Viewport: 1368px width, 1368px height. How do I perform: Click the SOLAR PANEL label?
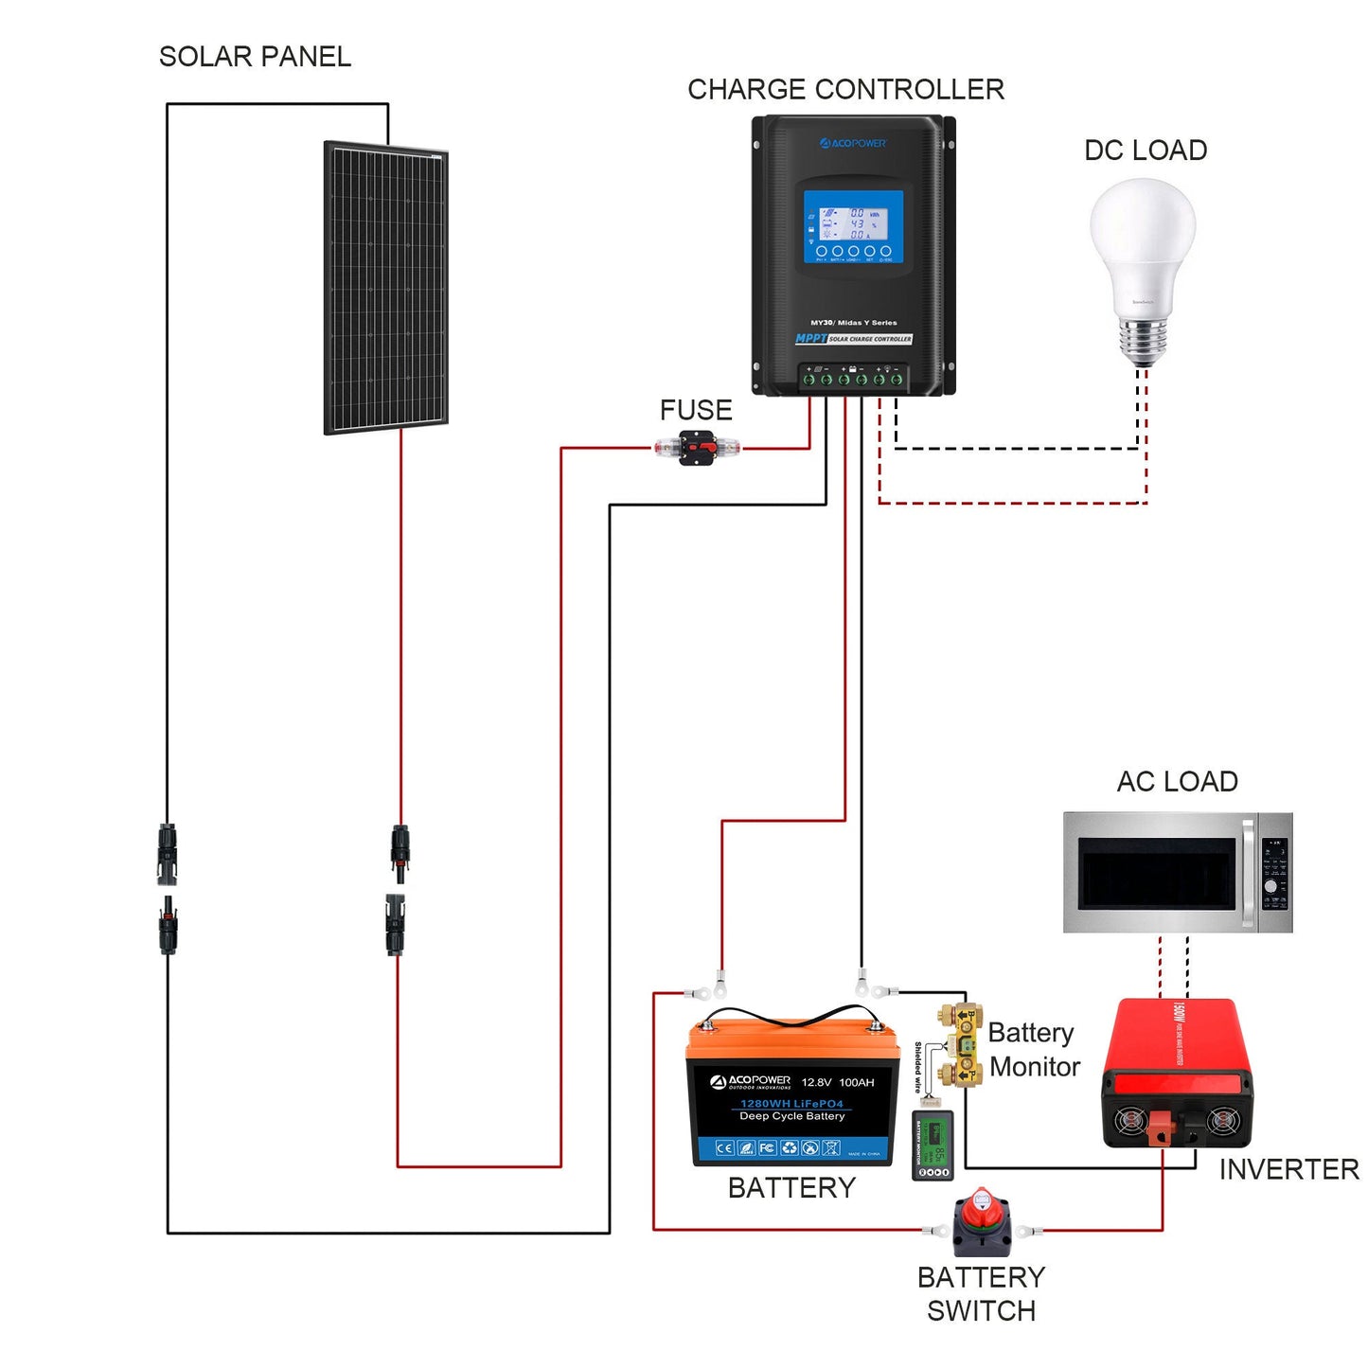click(x=255, y=57)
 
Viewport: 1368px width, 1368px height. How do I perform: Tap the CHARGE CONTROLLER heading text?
click(x=845, y=90)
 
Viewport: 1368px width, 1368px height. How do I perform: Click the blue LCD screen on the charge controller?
click(x=853, y=227)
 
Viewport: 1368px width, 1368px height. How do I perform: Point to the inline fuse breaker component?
click(x=697, y=448)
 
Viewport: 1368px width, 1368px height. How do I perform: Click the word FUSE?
click(x=696, y=410)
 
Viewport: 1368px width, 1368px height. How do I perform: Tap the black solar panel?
click(x=385, y=288)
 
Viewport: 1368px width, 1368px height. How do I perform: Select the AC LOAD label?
click(x=1177, y=782)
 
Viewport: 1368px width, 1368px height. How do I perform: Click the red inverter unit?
click(x=1177, y=1075)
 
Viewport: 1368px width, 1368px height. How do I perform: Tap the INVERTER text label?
click(x=1288, y=1170)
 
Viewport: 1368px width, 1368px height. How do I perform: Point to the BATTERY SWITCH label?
click(x=981, y=1294)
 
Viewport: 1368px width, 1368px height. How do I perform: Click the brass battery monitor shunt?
click(x=961, y=1045)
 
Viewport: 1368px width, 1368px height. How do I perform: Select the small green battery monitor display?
click(x=933, y=1148)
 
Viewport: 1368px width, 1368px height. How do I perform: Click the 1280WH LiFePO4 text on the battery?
click(x=791, y=1104)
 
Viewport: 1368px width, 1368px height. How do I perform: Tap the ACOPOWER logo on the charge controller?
click(x=853, y=144)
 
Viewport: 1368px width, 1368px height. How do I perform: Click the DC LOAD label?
click(x=1145, y=151)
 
